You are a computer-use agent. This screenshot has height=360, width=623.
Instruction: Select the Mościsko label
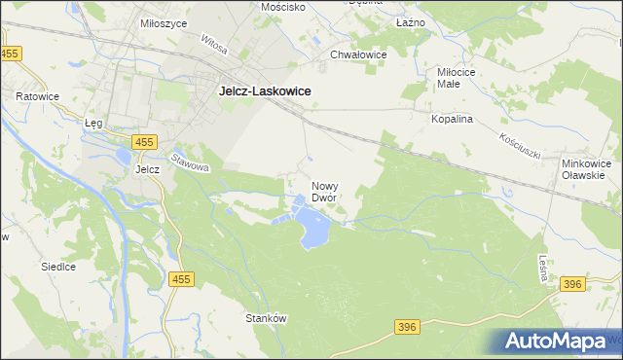[283, 7]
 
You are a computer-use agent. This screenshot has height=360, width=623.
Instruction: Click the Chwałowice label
[359, 54]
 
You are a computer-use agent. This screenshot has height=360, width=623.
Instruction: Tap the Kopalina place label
[452, 119]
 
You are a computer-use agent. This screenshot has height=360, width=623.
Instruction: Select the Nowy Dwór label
[324, 191]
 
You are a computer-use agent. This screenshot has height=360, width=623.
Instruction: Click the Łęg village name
[93, 124]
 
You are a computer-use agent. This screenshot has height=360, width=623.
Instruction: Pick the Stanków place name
[264, 317]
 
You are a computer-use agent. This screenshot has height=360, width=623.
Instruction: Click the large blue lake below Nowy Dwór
[313, 230]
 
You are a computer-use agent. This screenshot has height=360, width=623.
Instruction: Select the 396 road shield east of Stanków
[409, 328]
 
